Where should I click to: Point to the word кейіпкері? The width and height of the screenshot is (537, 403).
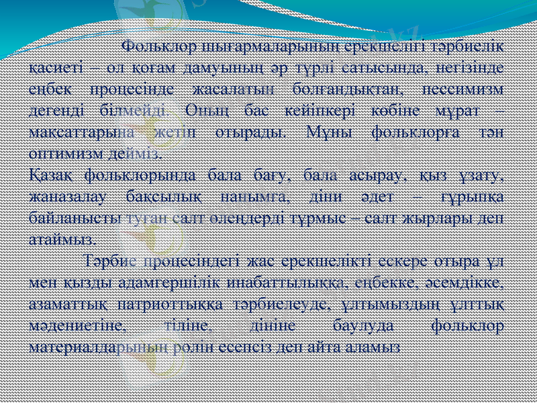tap(310, 110)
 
